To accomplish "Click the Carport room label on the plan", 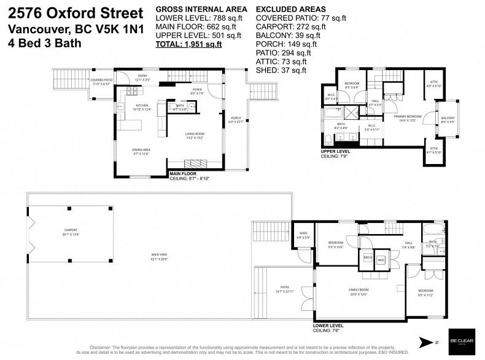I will [x=71, y=231].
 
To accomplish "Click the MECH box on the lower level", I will [x=368, y=259].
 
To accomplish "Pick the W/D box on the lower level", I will [x=381, y=259].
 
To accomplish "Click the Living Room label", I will [x=196, y=135].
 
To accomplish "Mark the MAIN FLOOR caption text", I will [x=185, y=174].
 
